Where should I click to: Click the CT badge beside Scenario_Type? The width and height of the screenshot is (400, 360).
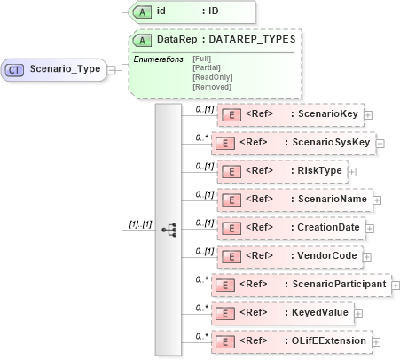(x=15, y=68)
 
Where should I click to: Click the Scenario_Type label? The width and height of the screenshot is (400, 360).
(x=64, y=68)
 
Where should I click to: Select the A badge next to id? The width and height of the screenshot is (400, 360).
(x=142, y=12)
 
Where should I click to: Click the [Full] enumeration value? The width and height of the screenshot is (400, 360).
(x=201, y=59)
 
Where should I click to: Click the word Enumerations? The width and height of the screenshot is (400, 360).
(x=158, y=59)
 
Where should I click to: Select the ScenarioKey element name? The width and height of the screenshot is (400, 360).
(x=327, y=114)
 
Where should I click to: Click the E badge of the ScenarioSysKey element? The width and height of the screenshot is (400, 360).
(x=225, y=143)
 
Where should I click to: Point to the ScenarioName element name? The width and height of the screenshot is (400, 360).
(x=329, y=200)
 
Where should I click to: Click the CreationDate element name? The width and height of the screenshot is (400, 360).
(x=328, y=228)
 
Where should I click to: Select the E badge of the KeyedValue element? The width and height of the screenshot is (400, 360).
(x=225, y=313)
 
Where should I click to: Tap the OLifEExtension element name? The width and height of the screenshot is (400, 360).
(x=332, y=341)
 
